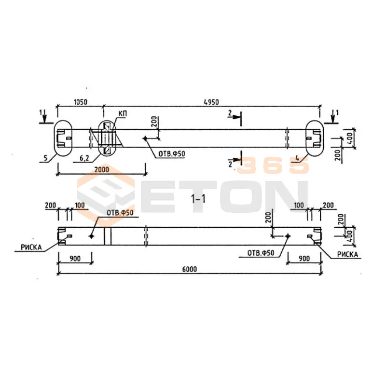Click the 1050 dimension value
[81, 102]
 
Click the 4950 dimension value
[211, 102]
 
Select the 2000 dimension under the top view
[102, 169]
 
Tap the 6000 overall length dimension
[190, 269]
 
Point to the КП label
[123, 114]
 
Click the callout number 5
[45, 158]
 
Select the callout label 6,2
[84, 158]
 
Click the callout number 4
[297, 158]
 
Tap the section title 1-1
[198, 199]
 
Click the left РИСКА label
[31, 248]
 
